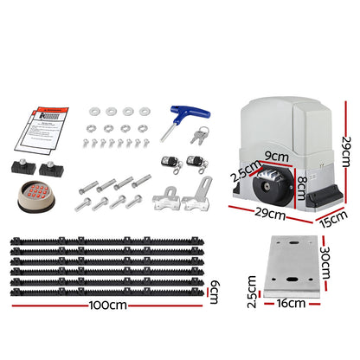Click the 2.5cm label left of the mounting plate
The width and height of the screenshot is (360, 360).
tap(251, 285)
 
